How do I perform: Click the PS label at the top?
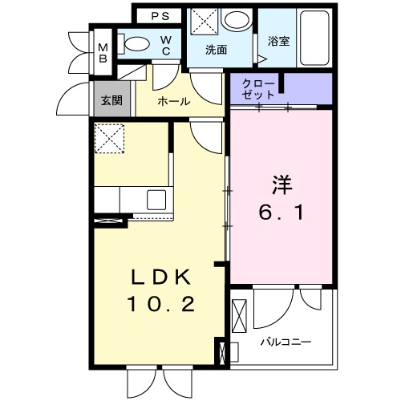tap(160, 16)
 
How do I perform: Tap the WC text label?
tap(166, 46)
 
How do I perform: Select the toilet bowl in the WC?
tap(137, 43)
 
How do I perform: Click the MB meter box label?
tap(103, 53)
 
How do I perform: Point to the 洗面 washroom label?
tap(217, 50)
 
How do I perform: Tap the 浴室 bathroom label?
tap(278, 42)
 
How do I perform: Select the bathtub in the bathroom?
tap(314, 38)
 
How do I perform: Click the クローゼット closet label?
tap(258, 90)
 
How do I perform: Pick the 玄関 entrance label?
tap(111, 100)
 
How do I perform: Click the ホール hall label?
tap(174, 102)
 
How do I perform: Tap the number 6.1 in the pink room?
tap(282, 213)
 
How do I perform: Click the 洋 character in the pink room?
tap(282, 185)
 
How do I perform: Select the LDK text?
tap(161, 277)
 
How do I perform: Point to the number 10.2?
tap(162, 305)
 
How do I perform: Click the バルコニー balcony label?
tap(286, 342)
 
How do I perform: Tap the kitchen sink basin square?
tap(156, 200)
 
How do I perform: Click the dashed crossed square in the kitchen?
tap(110, 139)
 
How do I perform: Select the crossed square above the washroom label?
tap(205, 21)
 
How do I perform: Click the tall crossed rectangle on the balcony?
tap(240, 316)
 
